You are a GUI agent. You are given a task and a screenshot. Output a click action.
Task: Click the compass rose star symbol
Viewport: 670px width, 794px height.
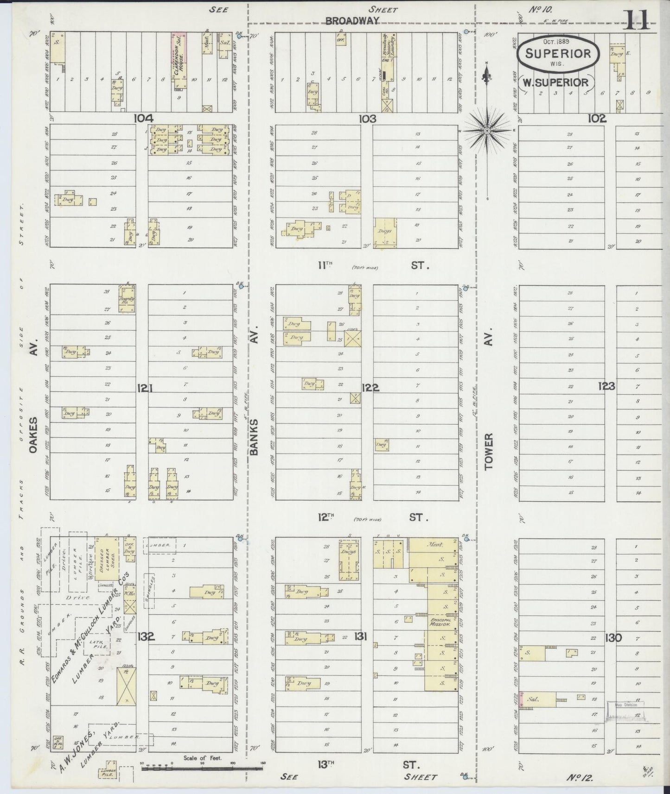(x=487, y=131)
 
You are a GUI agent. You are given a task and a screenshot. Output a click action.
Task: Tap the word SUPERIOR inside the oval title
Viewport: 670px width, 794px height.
(x=558, y=53)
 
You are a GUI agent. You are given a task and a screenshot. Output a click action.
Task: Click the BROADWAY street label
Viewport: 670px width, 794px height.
(x=352, y=21)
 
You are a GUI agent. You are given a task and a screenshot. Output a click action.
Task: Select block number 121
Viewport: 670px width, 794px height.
(x=145, y=388)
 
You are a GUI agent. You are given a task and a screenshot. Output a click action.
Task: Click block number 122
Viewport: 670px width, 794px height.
(x=370, y=388)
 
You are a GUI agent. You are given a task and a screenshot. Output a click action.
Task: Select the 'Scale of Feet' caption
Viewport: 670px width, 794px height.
(x=203, y=758)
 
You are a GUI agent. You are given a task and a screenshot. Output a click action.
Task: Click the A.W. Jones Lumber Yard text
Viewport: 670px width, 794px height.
(x=88, y=742)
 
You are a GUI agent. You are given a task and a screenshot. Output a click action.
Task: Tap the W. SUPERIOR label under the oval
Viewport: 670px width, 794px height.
(x=555, y=82)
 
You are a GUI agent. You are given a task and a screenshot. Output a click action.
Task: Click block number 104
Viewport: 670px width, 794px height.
(x=144, y=119)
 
